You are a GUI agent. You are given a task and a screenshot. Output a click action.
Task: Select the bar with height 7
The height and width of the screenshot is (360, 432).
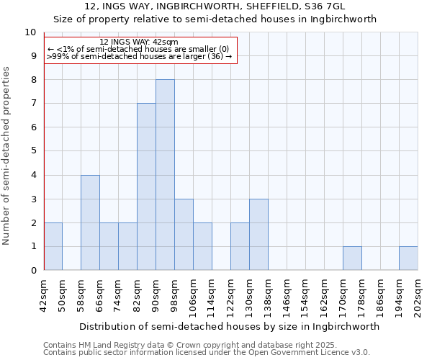pos(146,187)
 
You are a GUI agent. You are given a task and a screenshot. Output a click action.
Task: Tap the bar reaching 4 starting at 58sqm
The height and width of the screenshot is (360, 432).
pos(90,222)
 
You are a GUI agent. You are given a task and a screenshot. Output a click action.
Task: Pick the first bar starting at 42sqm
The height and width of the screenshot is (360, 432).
pos(53,246)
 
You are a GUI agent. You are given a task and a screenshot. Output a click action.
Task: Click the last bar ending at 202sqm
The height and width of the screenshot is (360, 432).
pos(408,258)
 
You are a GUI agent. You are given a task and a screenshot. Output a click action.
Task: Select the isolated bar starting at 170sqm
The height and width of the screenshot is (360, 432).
pos(352,258)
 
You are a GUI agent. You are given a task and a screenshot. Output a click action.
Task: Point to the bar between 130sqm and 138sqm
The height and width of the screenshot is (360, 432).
pos(258,235)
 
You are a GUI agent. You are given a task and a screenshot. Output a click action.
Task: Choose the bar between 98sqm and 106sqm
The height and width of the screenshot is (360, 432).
pos(184,235)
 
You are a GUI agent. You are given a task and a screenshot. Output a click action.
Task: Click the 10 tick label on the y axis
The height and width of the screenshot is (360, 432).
pos(30,32)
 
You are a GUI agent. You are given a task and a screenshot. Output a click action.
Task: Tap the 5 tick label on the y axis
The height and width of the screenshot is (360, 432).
pos(33,151)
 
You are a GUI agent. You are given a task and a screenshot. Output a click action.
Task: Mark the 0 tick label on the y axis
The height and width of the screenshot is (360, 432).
pos(33,271)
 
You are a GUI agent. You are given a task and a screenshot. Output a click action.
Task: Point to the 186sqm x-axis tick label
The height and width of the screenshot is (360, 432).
pos(381,296)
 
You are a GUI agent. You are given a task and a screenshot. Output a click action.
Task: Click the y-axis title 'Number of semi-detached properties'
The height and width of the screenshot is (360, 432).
pos(6,156)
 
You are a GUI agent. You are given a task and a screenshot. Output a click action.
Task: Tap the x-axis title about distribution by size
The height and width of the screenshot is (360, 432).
pos(229,326)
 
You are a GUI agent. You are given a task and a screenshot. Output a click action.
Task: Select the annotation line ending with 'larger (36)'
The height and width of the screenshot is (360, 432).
pos(139,56)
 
